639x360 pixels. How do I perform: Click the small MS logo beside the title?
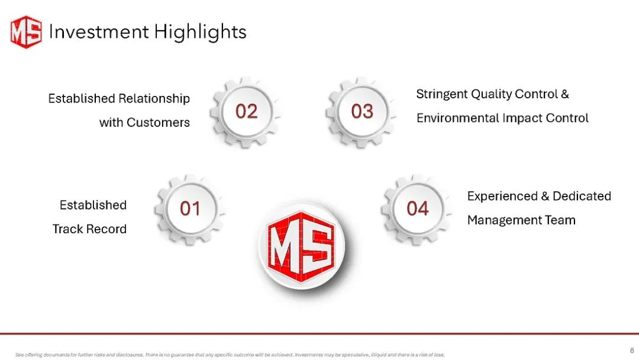(26, 32)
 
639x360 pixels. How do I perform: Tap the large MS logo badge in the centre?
(302, 246)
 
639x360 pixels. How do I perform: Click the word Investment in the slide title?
(99, 31)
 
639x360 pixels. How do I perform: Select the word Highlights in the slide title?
(200, 32)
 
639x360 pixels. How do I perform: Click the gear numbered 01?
(189, 210)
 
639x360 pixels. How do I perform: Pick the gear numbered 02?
(246, 112)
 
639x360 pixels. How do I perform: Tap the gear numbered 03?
(362, 112)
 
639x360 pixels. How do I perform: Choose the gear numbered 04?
(417, 210)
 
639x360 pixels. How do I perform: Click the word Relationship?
(154, 99)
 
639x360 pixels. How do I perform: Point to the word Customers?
(158, 123)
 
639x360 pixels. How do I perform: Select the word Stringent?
(442, 95)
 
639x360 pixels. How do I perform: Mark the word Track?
(67, 229)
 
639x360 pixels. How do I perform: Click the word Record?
(106, 229)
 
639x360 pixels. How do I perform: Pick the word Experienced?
(502, 197)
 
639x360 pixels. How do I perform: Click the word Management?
(504, 221)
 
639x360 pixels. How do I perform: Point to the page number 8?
(632, 350)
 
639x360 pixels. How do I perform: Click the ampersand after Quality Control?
(565, 94)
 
